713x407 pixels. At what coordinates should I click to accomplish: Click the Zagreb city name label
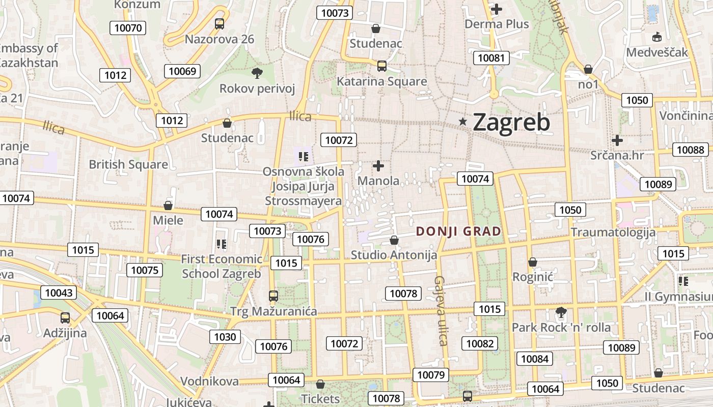(x=511, y=123)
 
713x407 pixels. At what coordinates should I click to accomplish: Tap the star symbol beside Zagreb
(x=463, y=121)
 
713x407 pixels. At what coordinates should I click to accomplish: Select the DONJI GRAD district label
(x=458, y=231)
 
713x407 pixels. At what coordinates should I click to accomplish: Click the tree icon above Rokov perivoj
(x=257, y=73)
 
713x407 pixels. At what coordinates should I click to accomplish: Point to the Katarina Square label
(x=382, y=81)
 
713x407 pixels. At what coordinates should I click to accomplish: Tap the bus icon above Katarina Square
(x=382, y=66)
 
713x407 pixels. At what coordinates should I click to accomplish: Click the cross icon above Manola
(x=378, y=165)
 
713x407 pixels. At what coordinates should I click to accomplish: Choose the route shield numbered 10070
(x=128, y=27)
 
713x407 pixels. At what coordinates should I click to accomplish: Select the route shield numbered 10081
(x=491, y=57)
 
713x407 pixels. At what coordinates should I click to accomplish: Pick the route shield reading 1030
(x=225, y=336)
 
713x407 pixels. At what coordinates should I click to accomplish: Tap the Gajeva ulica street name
(x=441, y=310)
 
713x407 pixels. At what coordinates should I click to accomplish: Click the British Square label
(x=128, y=164)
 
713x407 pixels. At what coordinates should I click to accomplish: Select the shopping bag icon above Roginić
(x=533, y=262)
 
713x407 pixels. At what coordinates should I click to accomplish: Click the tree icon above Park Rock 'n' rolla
(x=561, y=312)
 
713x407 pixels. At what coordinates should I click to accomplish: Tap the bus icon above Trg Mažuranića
(x=273, y=296)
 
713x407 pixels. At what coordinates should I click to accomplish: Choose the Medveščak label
(x=657, y=52)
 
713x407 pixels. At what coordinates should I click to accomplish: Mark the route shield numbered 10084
(x=535, y=359)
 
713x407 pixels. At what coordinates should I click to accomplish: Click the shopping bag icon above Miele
(x=168, y=206)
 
